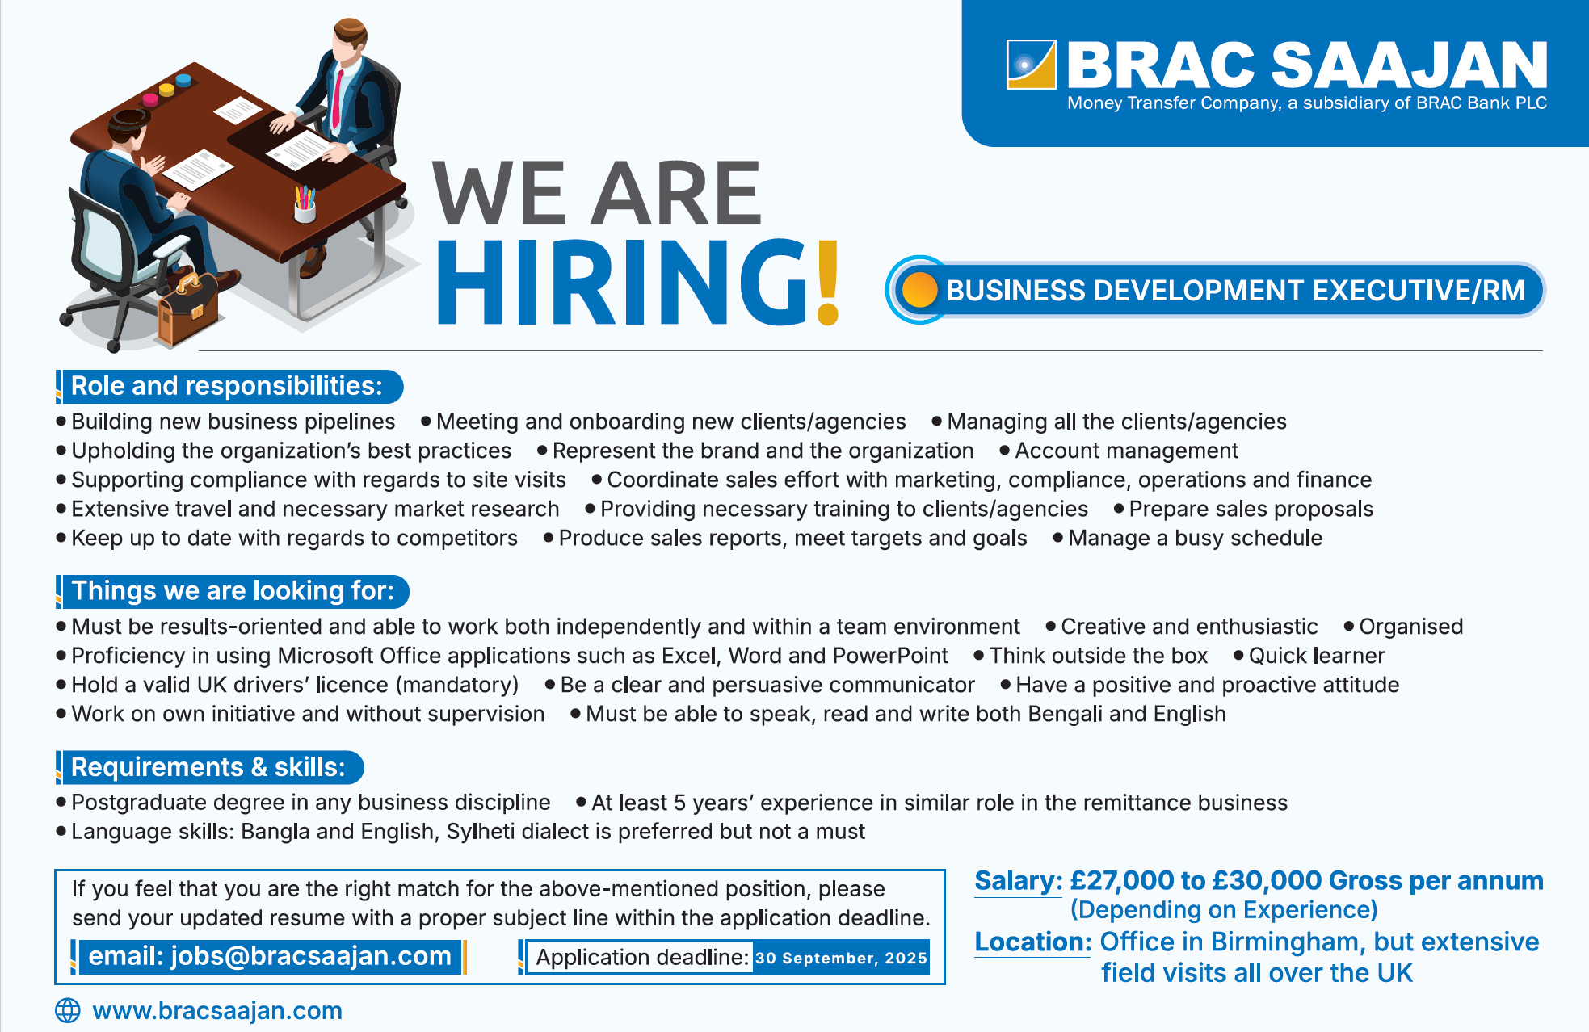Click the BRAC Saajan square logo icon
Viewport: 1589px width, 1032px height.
[x=1032, y=65]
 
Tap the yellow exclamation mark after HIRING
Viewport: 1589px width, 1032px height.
[x=828, y=283]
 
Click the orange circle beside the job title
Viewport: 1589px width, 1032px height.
[x=919, y=290]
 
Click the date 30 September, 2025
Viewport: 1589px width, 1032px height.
[x=841, y=959]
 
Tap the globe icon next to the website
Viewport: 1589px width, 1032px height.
[x=68, y=1010]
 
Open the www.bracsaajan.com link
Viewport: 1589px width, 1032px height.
[x=217, y=1011]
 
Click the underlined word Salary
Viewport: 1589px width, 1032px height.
[x=1018, y=881]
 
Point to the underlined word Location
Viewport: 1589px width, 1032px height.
[x=1033, y=942]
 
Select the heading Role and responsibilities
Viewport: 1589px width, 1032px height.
[x=227, y=386]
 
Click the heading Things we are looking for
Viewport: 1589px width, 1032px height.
[x=233, y=591]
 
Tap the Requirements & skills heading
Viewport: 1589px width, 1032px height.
[x=208, y=767]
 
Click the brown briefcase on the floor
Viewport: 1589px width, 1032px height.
[x=187, y=309]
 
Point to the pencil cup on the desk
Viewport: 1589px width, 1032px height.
[x=305, y=205]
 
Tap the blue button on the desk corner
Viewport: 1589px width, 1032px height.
[x=183, y=80]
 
